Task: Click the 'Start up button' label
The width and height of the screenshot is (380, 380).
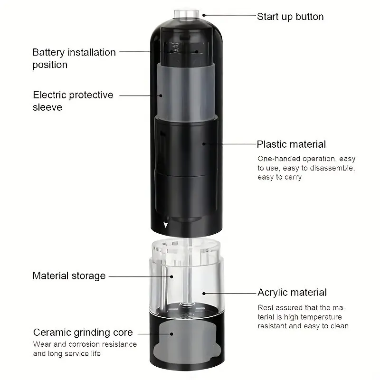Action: pos(290,17)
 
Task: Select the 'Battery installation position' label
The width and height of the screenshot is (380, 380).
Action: pos(74,58)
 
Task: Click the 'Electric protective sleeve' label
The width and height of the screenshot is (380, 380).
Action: pos(73,101)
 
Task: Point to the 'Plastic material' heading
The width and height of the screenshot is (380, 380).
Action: pos(291,144)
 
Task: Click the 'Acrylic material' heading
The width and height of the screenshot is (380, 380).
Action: pos(292,293)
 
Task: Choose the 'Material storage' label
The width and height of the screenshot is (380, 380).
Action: pos(69,275)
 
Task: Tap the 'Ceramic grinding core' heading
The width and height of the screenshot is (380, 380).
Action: pos(83,332)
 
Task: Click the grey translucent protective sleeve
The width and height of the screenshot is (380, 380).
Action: pos(185,90)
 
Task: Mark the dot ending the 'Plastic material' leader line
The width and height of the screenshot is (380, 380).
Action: pos(205,143)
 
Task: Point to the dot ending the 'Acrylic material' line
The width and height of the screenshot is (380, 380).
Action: pos(204,293)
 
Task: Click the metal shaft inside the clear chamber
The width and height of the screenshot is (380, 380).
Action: pos(187,275)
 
